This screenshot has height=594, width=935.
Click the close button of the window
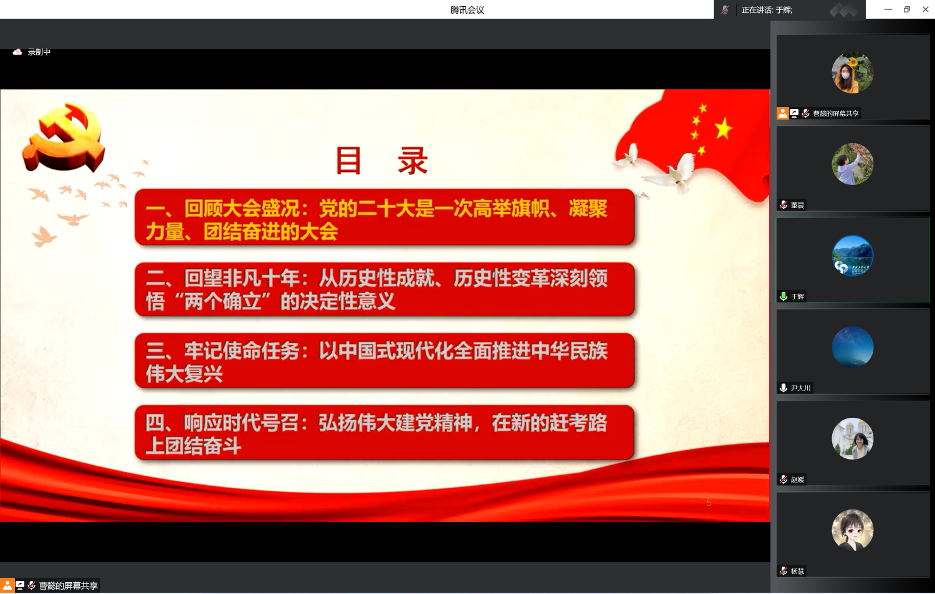(926, 9)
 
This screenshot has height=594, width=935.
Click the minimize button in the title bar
(888, 9)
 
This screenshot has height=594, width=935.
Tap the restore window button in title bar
(906, 9)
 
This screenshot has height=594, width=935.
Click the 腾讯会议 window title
(467, 9)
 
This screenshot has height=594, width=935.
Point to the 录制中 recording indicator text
(39, 52)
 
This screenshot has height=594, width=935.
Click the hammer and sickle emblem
(65, 137)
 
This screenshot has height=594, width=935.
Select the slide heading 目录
(381, 161)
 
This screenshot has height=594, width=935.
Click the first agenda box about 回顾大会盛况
(385, 217)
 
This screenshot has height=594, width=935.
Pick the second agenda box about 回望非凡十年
(385, 289)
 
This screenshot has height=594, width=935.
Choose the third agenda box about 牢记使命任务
(385, 361)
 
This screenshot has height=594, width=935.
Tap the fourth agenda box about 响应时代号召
(385, 433)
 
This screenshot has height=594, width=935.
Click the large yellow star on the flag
(724, 128)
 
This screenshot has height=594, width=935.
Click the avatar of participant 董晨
(852, 164)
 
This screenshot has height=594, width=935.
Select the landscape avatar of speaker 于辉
(852, 255)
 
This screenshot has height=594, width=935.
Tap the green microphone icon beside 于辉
(784, 296)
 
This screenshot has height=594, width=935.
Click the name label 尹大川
(800, 388)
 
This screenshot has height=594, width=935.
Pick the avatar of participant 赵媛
(852, 438)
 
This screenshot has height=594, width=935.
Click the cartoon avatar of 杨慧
(852, 530)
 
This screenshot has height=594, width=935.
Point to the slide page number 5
(708, 502)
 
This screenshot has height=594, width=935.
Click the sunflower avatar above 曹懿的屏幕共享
(852, 72)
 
